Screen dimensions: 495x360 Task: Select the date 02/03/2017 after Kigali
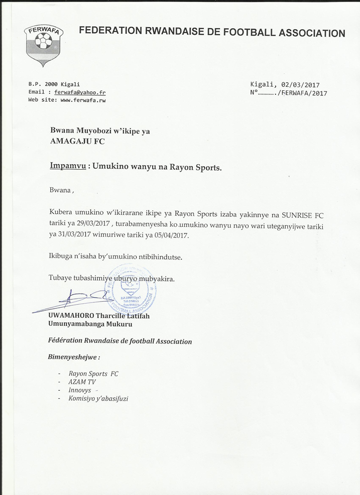click(300, 85)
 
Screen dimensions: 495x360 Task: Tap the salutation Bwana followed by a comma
click(62, 191)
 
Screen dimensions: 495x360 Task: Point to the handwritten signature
click(75, 300)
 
